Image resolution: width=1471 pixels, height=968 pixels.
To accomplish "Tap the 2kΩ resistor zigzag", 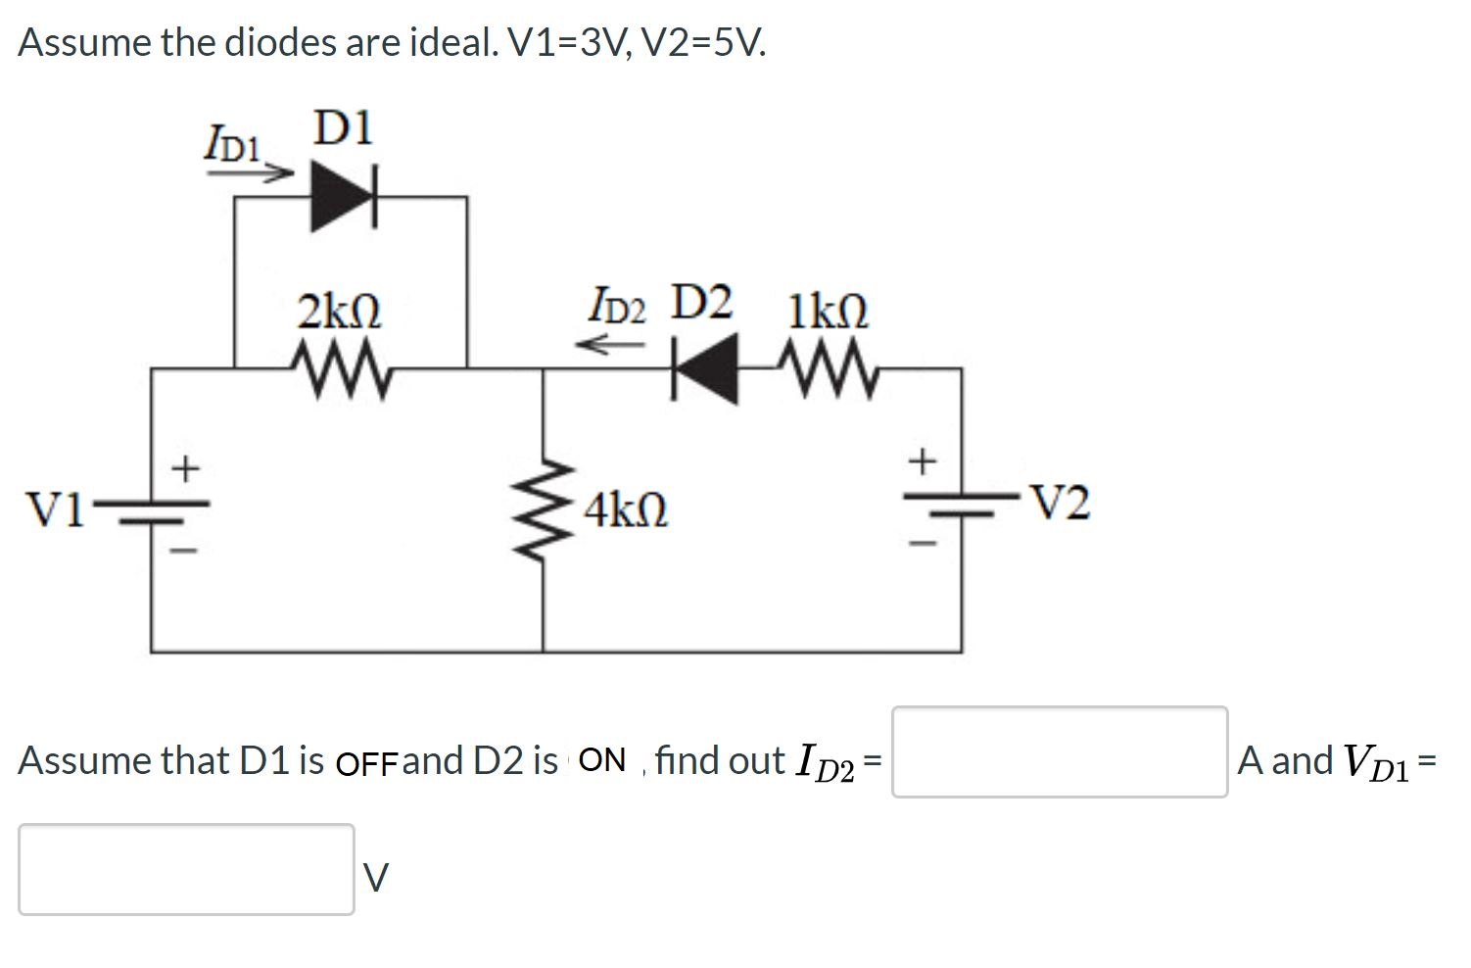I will point(344,368).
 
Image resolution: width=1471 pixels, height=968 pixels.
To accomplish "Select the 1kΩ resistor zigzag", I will point(831,369).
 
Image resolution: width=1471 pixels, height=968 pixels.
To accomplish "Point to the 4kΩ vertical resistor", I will point(545,509).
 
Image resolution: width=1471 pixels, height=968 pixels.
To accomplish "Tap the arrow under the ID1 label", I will point(250,172).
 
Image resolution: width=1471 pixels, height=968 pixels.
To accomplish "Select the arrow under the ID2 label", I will point(609,344).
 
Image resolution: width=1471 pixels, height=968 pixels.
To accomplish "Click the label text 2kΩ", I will point(339,312).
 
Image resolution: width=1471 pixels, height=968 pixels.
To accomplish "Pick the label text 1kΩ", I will point(828,312).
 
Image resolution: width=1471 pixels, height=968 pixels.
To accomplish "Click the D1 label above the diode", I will point(343,128).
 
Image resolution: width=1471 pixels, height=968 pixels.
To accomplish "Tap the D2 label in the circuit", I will point(701,303).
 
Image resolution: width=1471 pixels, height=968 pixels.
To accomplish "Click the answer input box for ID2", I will point(1059,751).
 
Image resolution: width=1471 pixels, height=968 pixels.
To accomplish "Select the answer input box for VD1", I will point(186,869).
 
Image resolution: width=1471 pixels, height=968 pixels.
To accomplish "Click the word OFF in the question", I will point(367,761).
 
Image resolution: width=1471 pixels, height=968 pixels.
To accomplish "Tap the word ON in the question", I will point(601,760).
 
